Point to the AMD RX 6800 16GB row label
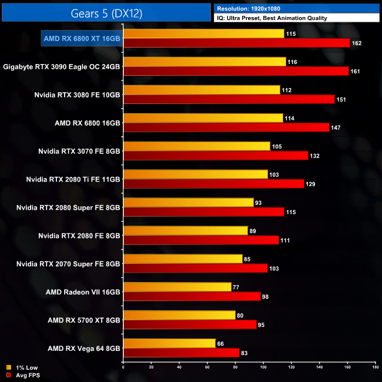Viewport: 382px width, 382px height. click(x=87, y=123)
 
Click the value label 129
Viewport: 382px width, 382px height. click(x=310, y=184)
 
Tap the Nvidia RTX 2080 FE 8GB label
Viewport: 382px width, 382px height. click(x=79, y=236)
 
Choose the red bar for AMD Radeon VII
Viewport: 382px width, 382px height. click(x=192, y=297)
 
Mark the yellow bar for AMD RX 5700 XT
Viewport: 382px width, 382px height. click(x=179, y=316)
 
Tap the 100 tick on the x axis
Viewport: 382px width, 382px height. click(x=263, y=368)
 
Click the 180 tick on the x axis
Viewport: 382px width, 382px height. click(x=375, y=368)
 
